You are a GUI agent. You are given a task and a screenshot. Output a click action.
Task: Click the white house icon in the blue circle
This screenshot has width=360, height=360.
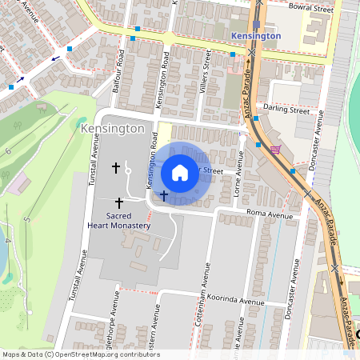pos(180,172)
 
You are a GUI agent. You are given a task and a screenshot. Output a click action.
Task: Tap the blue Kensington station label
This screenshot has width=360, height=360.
pos(255,36)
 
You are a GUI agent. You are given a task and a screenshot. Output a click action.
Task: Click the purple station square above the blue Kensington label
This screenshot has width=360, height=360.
pos(255,24)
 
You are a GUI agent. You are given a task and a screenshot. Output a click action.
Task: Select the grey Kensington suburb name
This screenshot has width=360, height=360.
pos(113,128)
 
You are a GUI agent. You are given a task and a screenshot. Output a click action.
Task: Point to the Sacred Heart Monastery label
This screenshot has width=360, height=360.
pos(118,221)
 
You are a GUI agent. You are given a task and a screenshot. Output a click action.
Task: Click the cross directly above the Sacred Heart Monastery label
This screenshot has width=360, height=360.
pos(120,203)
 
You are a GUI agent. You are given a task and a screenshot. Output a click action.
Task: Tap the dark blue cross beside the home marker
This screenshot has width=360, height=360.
pos(164,194)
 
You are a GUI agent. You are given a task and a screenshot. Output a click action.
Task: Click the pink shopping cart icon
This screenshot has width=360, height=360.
pos(276,150)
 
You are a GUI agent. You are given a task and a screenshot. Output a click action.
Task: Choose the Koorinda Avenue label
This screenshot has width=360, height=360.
pos(234,302)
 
